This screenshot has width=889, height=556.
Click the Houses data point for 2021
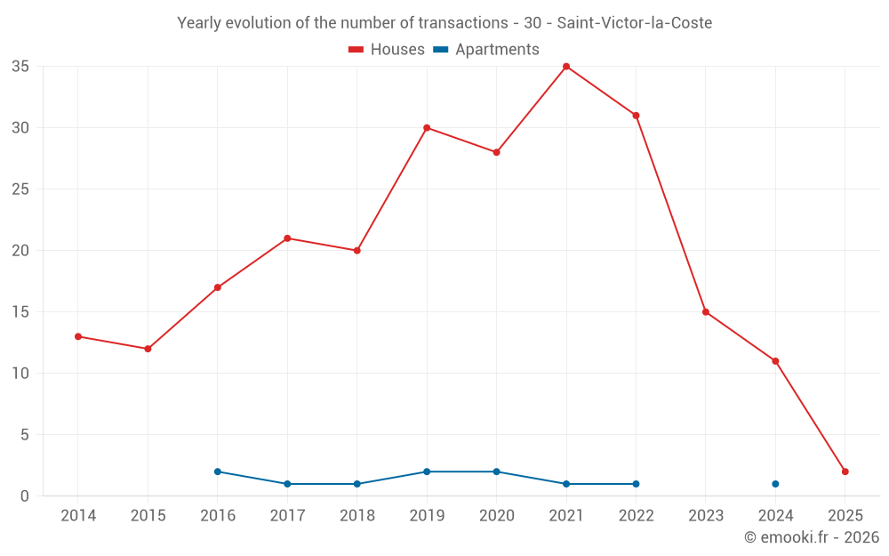(566, 67)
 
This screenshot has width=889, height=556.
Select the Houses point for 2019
(427, 128)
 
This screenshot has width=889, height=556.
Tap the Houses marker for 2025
(845, 471)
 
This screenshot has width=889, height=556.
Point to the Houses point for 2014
(78, 336)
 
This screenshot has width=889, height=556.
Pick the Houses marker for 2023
(706, 312)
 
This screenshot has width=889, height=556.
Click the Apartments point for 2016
(218, 471)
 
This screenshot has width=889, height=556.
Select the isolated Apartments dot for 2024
(775, 484)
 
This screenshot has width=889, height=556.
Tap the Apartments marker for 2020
(496, 471)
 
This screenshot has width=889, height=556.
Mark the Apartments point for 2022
(636, 484)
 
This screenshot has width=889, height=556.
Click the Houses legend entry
(387, 50)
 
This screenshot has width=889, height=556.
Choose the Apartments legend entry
(486, 50)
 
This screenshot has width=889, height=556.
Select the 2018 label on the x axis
(356, 516)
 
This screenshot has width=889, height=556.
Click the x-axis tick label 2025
(845, 516)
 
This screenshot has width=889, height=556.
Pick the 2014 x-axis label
(78, 516)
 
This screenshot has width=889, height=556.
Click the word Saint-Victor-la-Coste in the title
(634, 23)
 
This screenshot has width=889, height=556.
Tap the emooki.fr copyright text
(812, 537)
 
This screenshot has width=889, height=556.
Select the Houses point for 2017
(287, 238)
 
